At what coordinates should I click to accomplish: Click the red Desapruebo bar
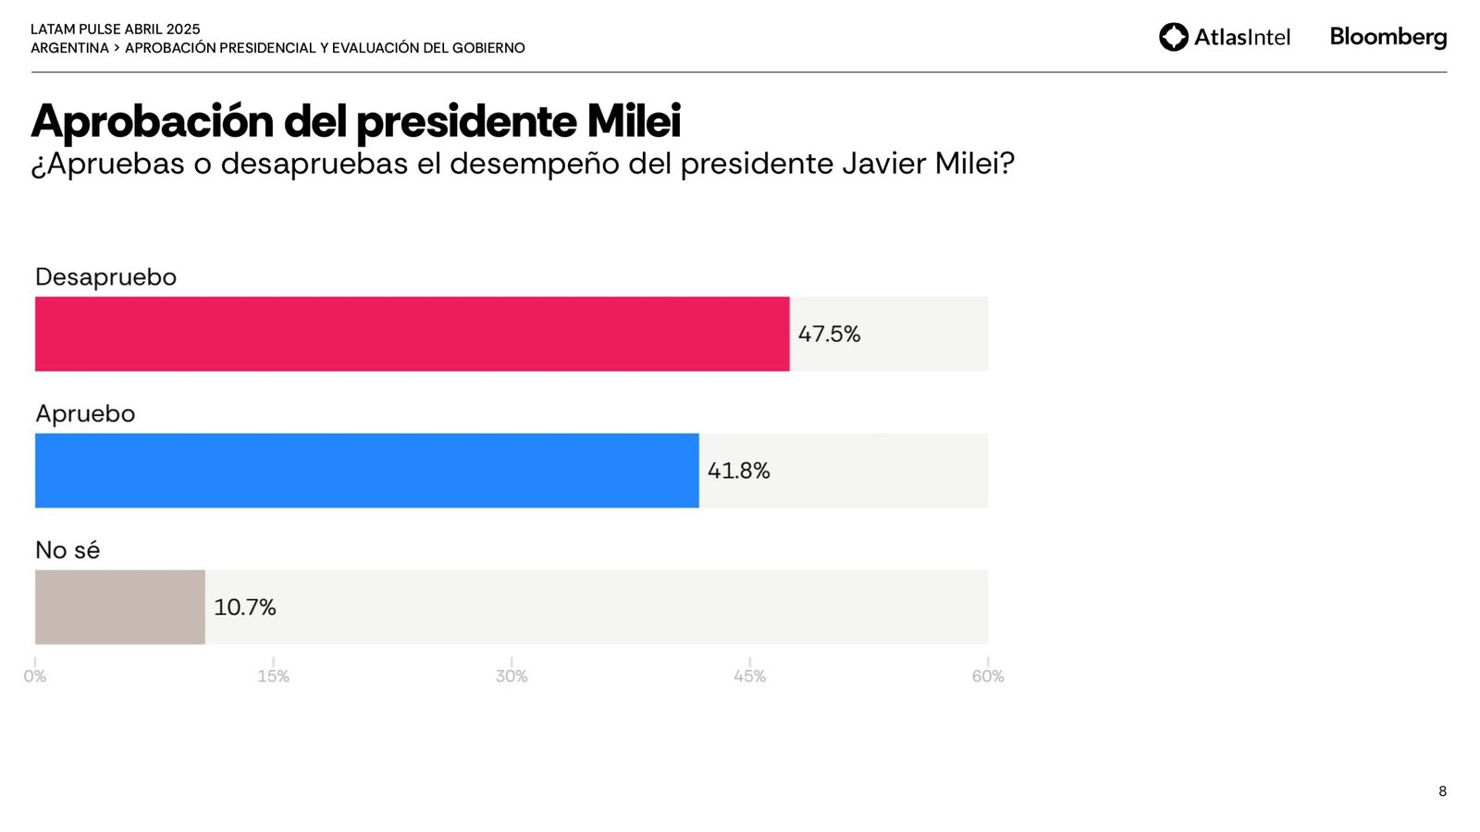[x=412, y=334]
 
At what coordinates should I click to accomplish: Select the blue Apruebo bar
[x=366, y=471]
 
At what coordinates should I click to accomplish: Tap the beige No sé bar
[x=119, y=607]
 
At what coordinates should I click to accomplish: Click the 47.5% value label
[x=829, y=334]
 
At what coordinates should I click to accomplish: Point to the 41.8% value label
[x=738, y=471]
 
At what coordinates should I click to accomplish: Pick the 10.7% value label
[x=244, y=607]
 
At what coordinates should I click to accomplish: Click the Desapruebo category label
[x=105, y=277]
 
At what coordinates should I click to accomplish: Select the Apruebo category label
[x=85, y=413]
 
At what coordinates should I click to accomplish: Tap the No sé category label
[x=68, y=550]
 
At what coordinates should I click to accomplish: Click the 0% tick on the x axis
[x=35, y=676]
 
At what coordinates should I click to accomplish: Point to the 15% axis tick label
[x=273, y=676]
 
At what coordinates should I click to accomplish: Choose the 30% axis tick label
[x=512, y=676]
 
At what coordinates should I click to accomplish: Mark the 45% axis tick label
[x=749, y=676]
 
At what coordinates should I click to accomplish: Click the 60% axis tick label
[x=988, y=676]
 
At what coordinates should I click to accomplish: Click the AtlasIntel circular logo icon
[x=1173, y=37]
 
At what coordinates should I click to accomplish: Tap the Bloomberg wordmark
[x=1387, y=37]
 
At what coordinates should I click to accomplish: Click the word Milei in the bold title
[x=634, y=121]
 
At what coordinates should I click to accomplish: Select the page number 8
[x=1442, y=791]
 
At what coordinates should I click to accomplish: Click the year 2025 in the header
[x=183, y=30]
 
